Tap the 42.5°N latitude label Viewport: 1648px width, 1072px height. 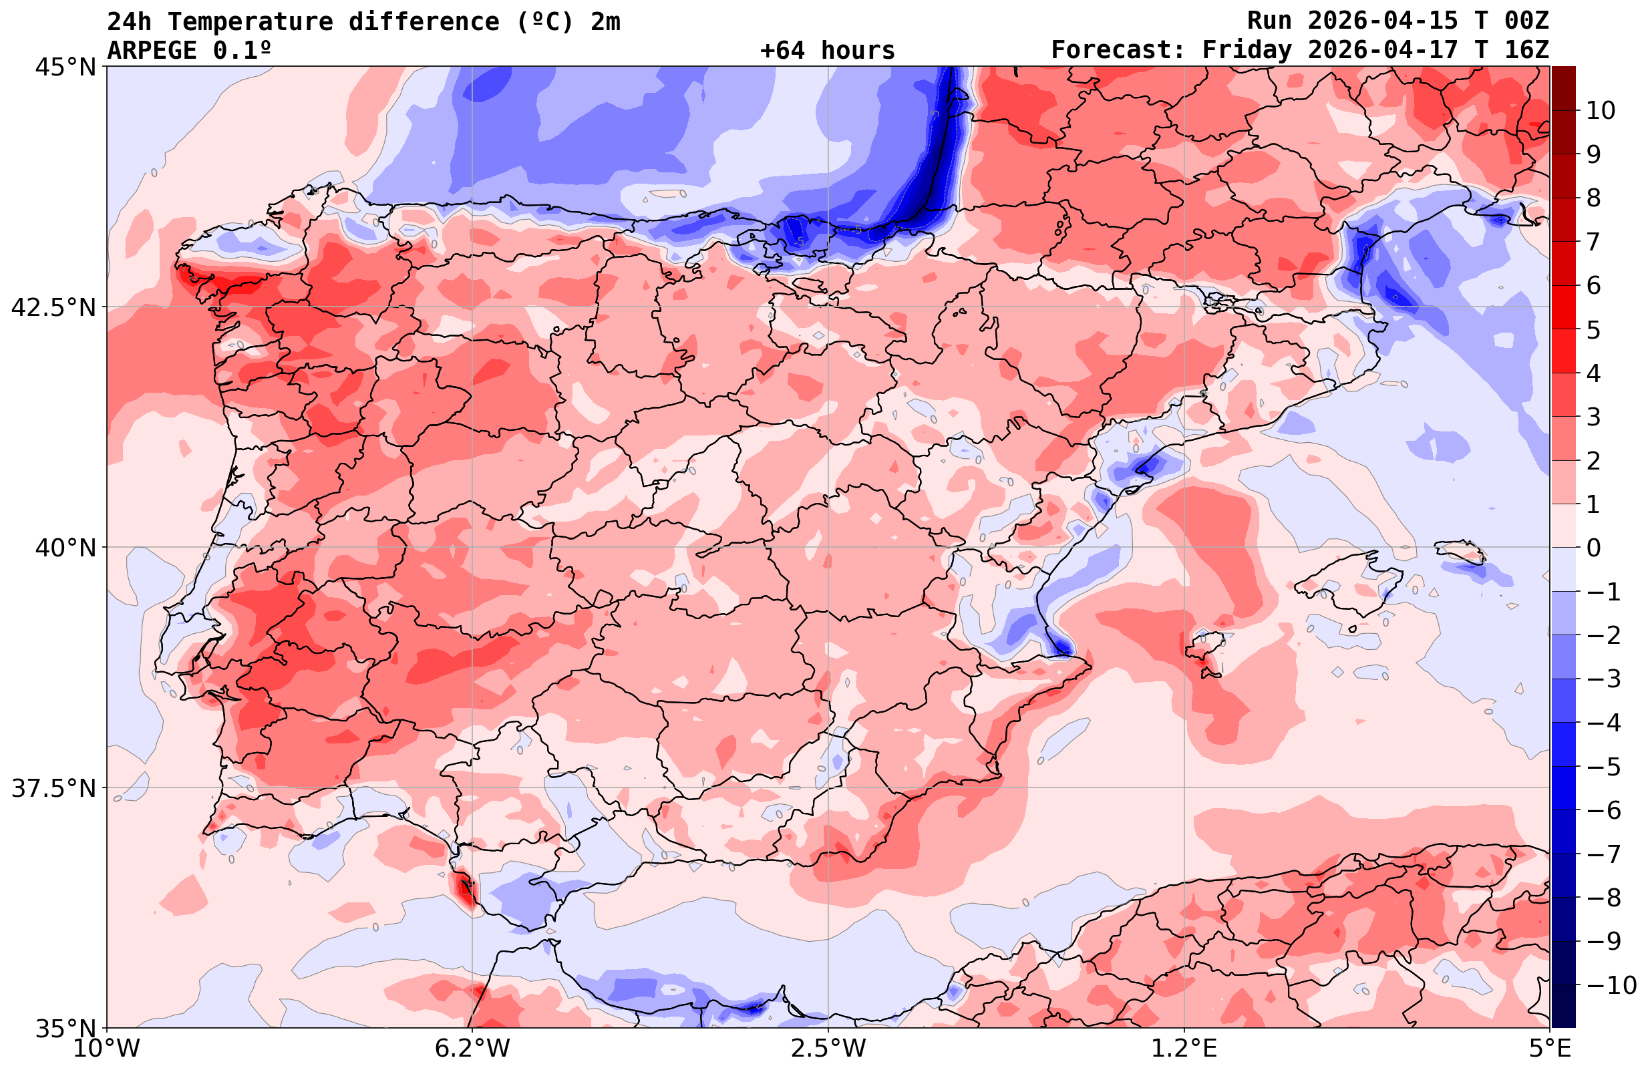[x=53, y=307]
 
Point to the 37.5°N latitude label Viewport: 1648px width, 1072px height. [x=53, y=788]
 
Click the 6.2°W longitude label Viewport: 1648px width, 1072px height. [x=472, y=1049]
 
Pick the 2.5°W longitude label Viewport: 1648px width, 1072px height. [x=828, y=1049]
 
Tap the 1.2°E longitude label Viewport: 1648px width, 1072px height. [x=1184, y=1049]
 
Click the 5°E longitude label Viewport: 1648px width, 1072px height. [x=1549, y=1049]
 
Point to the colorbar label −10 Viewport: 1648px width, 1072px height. [x=1611, y=985]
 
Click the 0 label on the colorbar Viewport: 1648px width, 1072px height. [x=1593, y=548]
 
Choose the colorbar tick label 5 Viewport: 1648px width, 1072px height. [x=1593, y=331]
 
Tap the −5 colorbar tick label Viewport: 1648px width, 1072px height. [x=1603, y=767]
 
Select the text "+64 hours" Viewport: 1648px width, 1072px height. [x=828, y=51]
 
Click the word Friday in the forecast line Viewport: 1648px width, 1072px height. [x=1247, y=51]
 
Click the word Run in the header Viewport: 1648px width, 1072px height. [x=1269, y=21]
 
